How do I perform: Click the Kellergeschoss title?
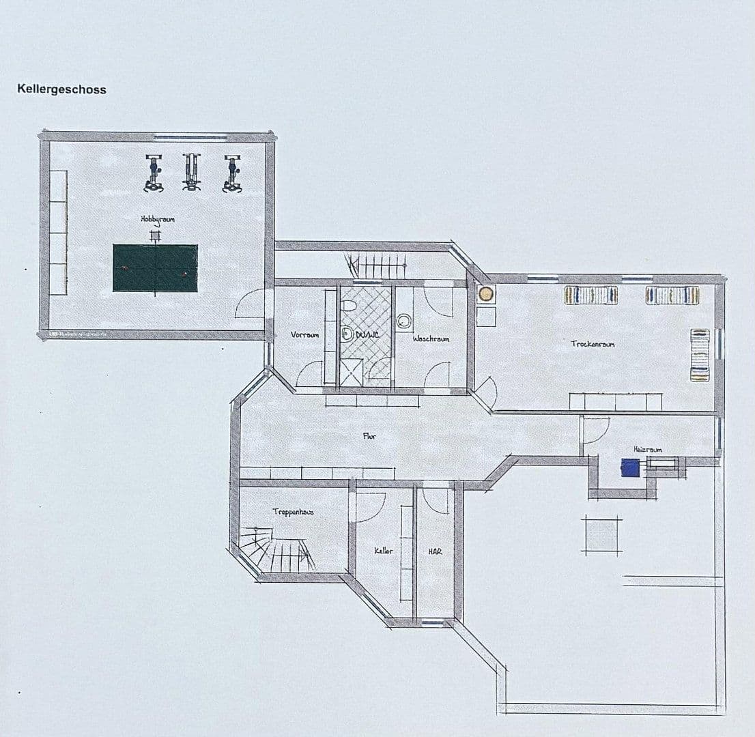(61, 89)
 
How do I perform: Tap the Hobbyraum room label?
(158, 219)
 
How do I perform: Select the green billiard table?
(155, 268)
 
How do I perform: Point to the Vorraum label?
(304, 335)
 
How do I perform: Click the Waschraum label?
(431, 338)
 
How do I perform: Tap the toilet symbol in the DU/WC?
(347, 334)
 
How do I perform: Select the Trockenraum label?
(593, 344)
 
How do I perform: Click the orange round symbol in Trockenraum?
(485, 294)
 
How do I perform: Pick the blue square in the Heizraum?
(630, 467)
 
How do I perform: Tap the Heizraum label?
(647, 449)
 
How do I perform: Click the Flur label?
(369, 436)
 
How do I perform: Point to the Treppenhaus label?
(293, 511)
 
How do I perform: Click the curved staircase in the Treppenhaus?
(273, 549)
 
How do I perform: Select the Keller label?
(383, 551)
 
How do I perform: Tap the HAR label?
(435, 551)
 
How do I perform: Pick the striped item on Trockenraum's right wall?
(700, 355)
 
